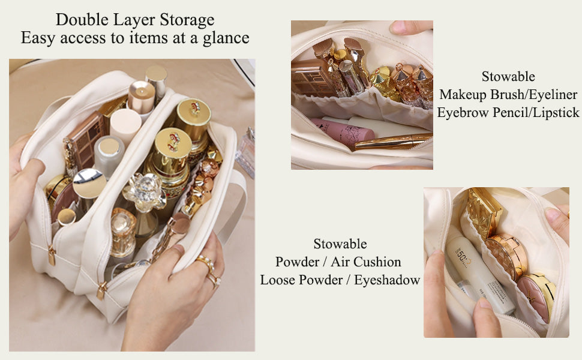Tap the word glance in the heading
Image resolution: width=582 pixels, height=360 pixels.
coord(226,38)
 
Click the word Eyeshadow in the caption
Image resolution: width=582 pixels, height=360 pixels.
coord(386,280)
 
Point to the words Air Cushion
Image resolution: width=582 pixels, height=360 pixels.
coord(366,262)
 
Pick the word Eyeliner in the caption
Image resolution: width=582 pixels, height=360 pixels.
coord(553,95)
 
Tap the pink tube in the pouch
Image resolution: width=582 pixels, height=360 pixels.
coord(343,131)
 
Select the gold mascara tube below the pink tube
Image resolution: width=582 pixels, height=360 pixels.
coord(393,142)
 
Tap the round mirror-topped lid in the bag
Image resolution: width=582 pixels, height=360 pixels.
coord(89,184)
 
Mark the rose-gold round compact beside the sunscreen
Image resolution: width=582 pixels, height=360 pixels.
coord(506,256)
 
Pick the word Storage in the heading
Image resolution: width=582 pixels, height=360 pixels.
coord(187,20)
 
